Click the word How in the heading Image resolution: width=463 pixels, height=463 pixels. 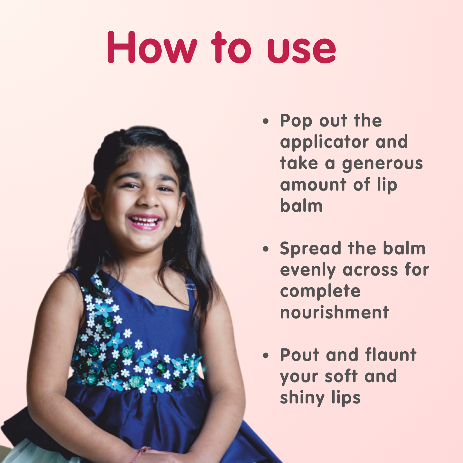[152, 47]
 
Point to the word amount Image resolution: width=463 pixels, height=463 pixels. [313, 184]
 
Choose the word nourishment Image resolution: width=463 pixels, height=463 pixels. [335, 312]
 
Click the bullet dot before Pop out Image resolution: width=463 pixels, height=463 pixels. [266, 121]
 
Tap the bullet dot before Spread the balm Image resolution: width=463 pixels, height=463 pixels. [266, 249]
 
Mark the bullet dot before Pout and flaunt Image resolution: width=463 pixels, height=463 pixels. [266, 355]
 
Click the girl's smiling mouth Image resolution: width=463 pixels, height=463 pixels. [145, 222]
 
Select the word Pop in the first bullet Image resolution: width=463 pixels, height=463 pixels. [296, 121]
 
